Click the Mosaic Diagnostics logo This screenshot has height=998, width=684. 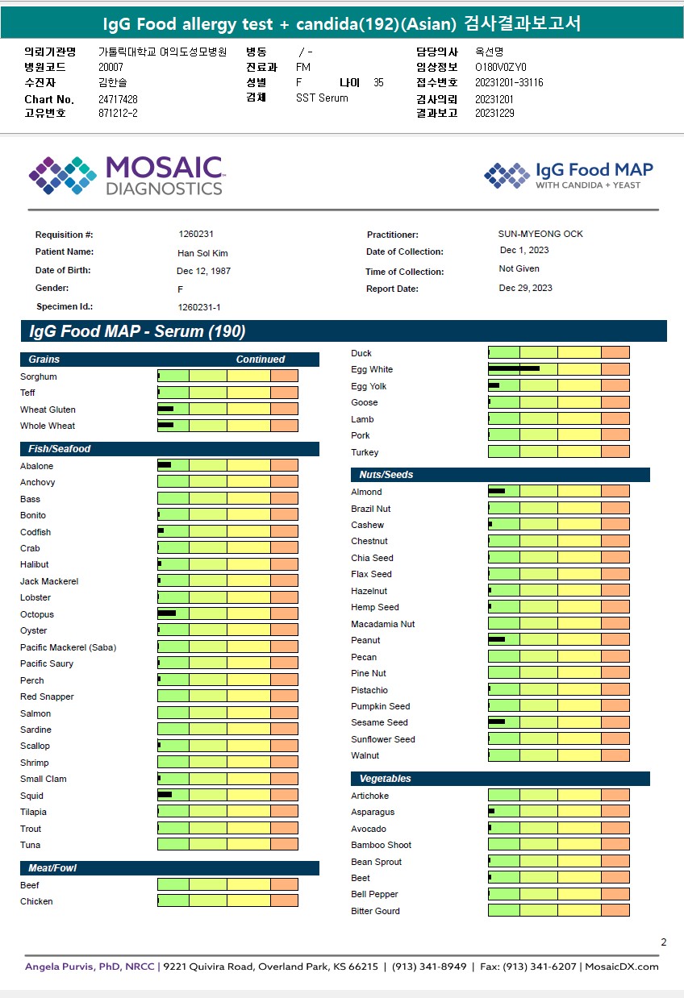[126, 176]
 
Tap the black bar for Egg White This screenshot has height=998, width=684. [513, 368]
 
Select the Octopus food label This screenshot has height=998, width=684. [37, 614]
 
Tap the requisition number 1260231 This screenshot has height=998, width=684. [196, 234]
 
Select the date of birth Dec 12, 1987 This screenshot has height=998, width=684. [203, 271]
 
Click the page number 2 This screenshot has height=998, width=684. [663, 942]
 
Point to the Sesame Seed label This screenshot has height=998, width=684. [379, 723]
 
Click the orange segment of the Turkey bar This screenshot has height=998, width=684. [615, 452]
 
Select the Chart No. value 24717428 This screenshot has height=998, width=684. [118, 99]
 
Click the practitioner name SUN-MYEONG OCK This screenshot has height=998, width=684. [540, 234]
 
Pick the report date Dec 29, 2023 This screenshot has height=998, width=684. [526, 288]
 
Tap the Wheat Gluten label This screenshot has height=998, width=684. [48, 410]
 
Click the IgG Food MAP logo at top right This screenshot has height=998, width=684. [569, 176]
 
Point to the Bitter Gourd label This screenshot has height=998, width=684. [375, 911]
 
